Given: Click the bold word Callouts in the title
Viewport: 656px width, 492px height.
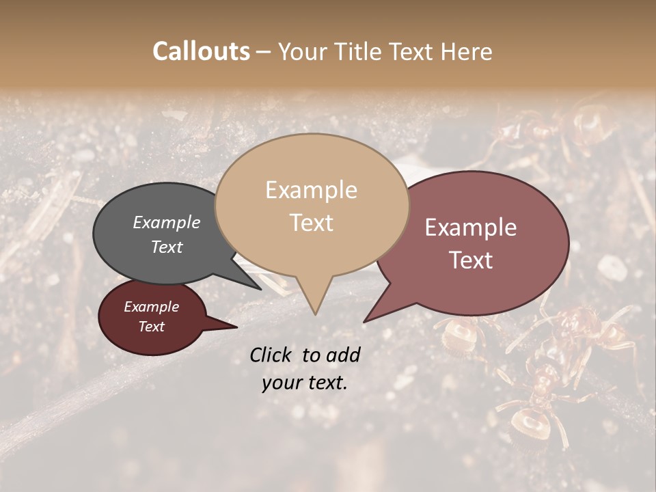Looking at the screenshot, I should [x=201, y=51].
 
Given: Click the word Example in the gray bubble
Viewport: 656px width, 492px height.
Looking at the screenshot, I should [x=167, y=222].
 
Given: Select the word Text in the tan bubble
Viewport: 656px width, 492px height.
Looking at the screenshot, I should [x=312, y=223].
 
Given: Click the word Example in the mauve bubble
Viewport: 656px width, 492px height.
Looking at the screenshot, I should [x=471, y=228].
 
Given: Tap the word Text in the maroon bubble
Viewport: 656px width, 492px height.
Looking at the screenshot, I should [x=152, y=327].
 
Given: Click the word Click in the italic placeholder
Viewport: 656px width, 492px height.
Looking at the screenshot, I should [x=271, y=355].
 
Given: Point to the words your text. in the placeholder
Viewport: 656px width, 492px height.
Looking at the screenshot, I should [x=305, y=383].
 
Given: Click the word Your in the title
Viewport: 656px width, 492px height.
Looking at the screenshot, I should [x=301, y=51].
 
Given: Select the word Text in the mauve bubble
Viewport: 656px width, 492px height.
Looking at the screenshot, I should [x=471, y=260].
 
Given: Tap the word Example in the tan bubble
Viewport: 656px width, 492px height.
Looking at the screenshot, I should [x=311, y=190].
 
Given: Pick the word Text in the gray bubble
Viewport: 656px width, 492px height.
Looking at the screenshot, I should [x=167, y=247].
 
